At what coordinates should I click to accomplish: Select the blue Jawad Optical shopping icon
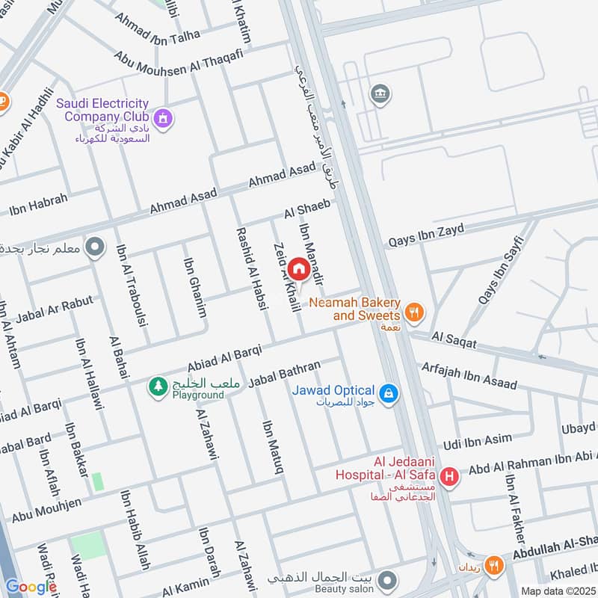pyautogui.click(x=387, y=392)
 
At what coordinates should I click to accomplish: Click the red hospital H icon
pyautogui.click(x=449, y=476)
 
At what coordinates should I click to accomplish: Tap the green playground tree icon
pyautogui.click(x=158, y=386)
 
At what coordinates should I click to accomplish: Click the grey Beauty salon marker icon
pyautogui.click(x=386, y=580)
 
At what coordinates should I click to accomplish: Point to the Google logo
pyautogui.click(x=31, y=587)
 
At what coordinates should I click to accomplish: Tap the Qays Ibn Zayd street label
pyautogui.click(x=425, y=235)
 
